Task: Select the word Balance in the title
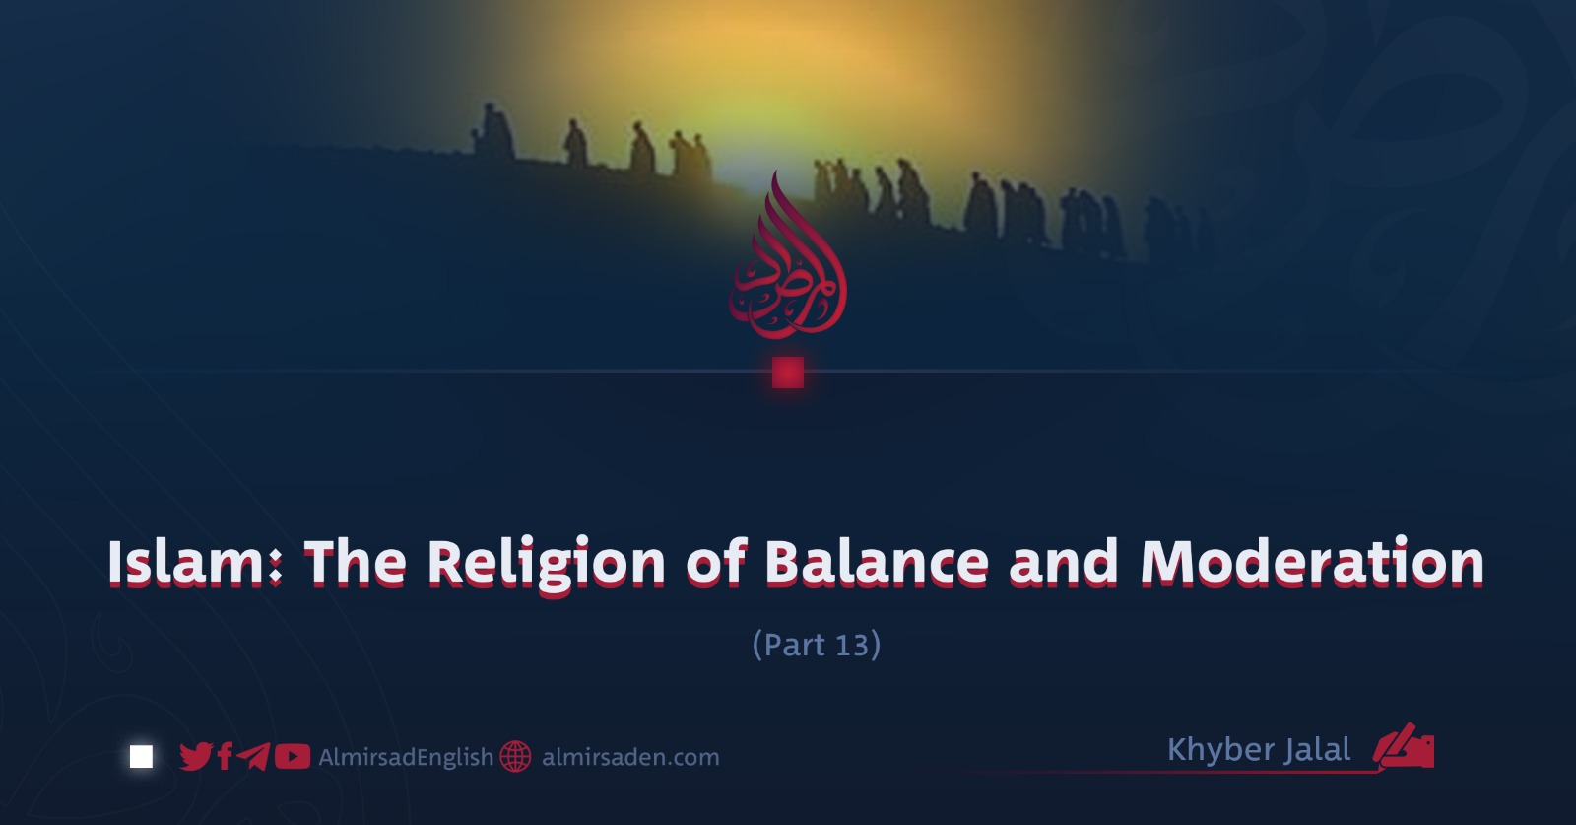coord(877,562)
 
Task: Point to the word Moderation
coord(1312,562)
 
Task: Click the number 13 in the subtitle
coord(851,645)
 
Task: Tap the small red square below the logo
coord(788,373)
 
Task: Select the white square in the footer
coord(142,757)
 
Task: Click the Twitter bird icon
coord(196,757)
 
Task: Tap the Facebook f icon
coord(226,757)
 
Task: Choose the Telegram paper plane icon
coord(253,757)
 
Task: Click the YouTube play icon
coord(292,757)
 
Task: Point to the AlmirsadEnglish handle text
coord(406,757)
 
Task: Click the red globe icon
coord(516,757)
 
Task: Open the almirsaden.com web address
coord(630,757)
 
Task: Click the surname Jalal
coord(1317,750)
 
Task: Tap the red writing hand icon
coord(1405,746)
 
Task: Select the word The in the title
coord(356,562)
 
